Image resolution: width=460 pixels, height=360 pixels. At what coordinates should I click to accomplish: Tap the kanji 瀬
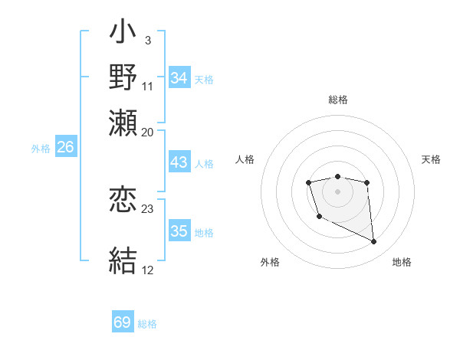pyautogui.click(x=123, y=120)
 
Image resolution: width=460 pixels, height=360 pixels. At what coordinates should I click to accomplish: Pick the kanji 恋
pyautogui.click(x=123, y=200)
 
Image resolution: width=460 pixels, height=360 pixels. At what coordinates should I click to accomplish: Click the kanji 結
pyautogui.click(x=123, y=260)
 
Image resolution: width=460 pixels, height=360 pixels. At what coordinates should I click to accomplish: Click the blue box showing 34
pyautogui.click(x=179, y=78)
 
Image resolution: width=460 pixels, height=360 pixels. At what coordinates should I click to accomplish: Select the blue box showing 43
pyautogui.click(x=179, y=163)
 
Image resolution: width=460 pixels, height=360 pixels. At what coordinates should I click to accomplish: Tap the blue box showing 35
pyautogui.click(x=179, y=231)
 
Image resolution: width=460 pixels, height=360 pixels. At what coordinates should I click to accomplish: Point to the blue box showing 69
pyautogui.click(x=123, y=322)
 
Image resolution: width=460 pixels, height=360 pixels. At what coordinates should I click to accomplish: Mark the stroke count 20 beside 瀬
pyautogui.click(x=148, y=131)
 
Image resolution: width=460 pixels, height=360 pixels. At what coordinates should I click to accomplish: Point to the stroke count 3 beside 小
pyautogui.click(x=146, y=40)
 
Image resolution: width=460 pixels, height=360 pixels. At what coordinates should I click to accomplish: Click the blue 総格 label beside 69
pyautogui.click(x=147, y=324)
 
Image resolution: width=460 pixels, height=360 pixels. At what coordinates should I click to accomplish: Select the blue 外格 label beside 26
pyautogui.click(x=41, y=149)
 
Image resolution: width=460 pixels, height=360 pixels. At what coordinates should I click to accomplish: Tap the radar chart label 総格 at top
pyautogui.click(x=337, y=100)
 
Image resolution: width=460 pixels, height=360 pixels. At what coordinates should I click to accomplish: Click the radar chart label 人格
pyautogui.click(x=246, y=159)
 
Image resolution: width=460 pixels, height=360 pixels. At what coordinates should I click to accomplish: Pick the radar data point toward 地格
pyautogui.click(x=374, y=242)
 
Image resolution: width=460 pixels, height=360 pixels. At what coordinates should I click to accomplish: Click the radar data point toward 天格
pyautogui.click(x=367, y=182)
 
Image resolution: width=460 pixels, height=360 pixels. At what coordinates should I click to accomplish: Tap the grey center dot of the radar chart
pyautogui.click(x=337, y=191)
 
